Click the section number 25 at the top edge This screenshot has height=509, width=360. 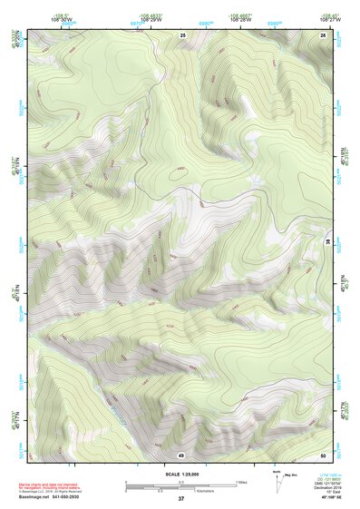coord(182,34)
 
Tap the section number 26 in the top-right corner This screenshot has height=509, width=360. coord(323,34)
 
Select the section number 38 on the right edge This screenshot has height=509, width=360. coord(327,240)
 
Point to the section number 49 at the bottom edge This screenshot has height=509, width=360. coord(181,454)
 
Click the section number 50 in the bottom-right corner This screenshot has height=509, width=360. coord(323,454)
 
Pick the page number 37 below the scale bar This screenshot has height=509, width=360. coord(181,499)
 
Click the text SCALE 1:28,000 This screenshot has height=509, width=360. coord(181,473)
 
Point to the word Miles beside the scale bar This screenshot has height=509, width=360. coord(242,481)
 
